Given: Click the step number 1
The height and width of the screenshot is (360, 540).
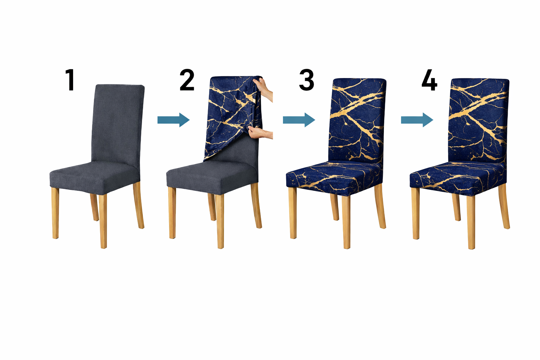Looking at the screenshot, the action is coord(70,80).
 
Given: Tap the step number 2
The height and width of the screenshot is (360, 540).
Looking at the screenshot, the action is coord(187,80).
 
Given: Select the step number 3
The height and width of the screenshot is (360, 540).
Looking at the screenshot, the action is coord(307,80).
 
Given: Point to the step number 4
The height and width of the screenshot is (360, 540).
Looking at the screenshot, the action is coord(429,80).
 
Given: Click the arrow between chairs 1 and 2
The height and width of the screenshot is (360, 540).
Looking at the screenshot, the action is coord(174,120).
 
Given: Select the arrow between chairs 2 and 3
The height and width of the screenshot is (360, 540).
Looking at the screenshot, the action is coord(299,120).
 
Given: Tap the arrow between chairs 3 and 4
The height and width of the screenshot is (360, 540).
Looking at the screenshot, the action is coord(417,120).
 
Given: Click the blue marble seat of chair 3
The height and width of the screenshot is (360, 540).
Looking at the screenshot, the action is coord(334,179).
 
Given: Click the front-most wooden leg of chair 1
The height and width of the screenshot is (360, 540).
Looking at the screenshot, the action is coord(103,221).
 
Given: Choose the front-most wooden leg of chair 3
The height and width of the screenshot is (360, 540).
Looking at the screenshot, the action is coord(346,221).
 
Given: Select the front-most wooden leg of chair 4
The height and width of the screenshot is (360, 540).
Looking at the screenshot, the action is coord(471,222).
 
